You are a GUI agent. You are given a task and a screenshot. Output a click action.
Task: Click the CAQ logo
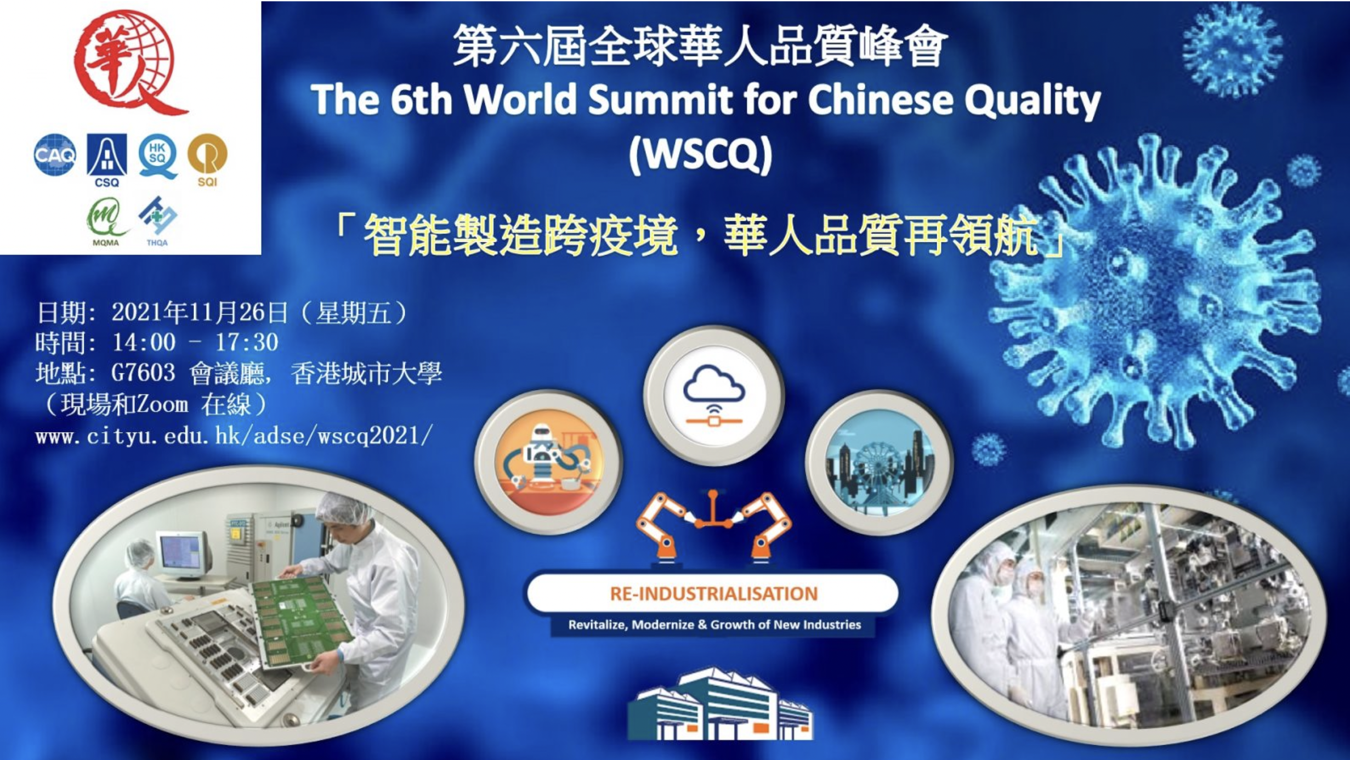pyautogui.click(x=55, y=155)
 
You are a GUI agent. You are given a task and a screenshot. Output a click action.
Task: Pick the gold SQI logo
pyautogui.click(x=207, y=160)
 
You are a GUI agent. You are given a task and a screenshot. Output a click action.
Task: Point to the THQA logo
pyautogui.click(x=157, y=221)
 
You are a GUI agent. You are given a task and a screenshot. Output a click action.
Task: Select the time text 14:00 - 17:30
pyautogui.click(x=195, y=343)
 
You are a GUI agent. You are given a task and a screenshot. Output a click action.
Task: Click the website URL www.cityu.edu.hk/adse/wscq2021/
pyautogui.click(x=234, y=436)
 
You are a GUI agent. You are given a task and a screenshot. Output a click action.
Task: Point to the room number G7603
pyautogui.click(x=143, y=373)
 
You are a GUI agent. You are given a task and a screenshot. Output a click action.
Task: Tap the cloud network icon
pyautogui.click(x=714, y=395)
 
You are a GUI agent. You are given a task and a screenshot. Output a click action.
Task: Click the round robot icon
pyautogui.click(x=548, y=461)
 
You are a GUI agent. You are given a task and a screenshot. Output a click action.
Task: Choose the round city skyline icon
pyautogui.click(x=880, y=462)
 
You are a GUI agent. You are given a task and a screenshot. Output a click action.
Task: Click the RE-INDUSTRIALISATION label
pyautogui.click(x=713, y=593)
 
